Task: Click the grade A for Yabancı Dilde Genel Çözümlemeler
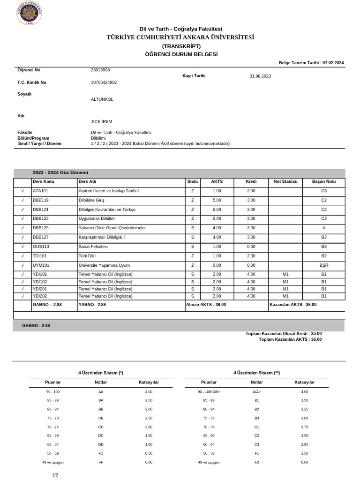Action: [323, 228]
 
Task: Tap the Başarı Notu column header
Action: [323, 182]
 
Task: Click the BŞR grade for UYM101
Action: [323, 265]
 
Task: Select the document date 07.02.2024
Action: [333, 62]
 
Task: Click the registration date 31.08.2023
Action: [260, 76]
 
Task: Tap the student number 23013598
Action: [100, 70]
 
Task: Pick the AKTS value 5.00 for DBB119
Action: [217, 200]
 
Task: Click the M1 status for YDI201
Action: [286, 289]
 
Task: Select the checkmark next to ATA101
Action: [22, 191]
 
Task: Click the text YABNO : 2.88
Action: [92, 305]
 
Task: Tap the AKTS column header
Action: [217, 182]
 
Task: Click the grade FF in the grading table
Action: [101, 462]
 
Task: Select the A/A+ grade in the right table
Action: [256, 391]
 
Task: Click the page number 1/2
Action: [55, 475]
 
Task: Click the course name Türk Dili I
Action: [87, 256]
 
